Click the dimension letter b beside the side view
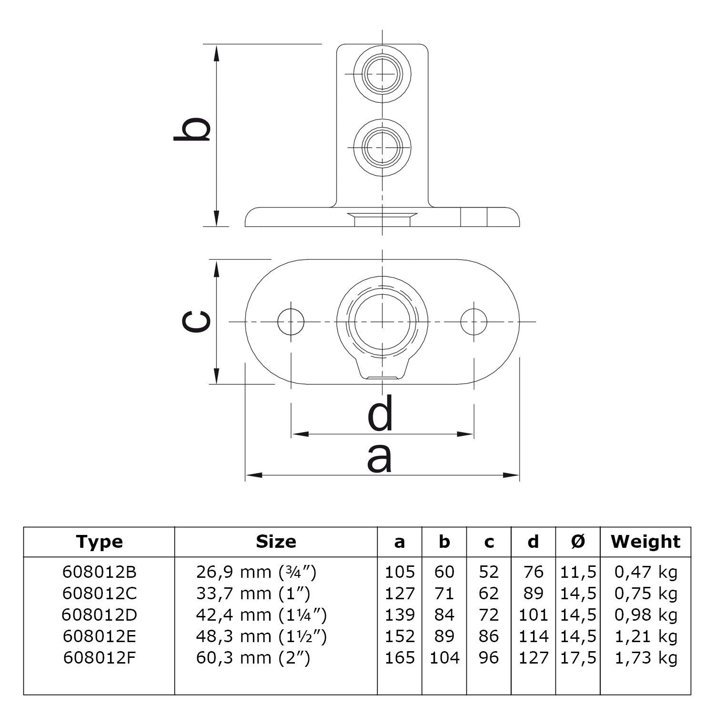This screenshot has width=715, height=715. pos(192,129)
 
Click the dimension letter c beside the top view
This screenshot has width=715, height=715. pos(196,322)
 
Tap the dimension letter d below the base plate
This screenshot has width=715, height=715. pos(381,413)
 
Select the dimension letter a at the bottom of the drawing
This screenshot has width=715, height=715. pos(380,458)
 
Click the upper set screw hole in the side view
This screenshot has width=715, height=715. pos(382,75)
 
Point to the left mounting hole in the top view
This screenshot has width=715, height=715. pos(291,322)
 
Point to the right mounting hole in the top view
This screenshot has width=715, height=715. pos(473,322)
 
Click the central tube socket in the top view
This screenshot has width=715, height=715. pos(382,322)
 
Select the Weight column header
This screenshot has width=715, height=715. pos(645,542)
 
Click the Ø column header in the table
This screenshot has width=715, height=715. pos(578,542)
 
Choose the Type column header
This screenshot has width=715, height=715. pos(99,542)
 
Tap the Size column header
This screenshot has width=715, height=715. pos(276,542)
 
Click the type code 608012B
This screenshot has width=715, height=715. pos(99,572)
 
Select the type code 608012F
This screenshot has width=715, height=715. pos(99,658)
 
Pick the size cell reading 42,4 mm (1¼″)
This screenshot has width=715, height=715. pos(261,615)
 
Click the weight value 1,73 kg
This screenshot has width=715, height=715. pos(645,658)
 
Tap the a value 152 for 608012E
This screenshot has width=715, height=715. pos(400,636)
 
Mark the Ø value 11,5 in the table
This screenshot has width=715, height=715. pos(578,572)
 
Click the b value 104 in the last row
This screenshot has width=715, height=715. pos(444,658)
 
